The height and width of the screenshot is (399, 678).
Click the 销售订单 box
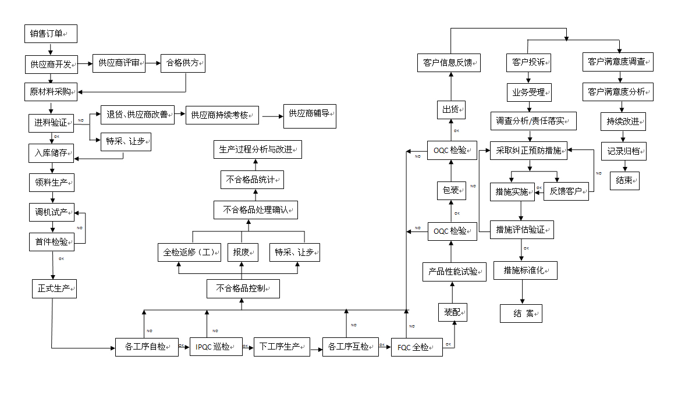[51, 34]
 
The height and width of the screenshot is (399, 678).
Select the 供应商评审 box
[119, 63]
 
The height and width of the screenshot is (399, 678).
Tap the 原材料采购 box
[51, 91]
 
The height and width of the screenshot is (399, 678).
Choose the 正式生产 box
[54, 288]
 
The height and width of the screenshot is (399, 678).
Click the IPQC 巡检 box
[216, 347]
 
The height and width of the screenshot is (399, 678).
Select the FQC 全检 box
[416, 347]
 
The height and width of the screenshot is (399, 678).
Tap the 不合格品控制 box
[243, 288]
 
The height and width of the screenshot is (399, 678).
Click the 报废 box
[243, 252]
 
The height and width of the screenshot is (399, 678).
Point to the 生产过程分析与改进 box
[257, 149]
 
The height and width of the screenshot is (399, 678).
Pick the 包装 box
[452, 190]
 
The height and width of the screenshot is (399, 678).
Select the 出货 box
[452, 109]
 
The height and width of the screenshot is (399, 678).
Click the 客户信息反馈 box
[449, 62]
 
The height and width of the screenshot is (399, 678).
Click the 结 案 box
[521, 313]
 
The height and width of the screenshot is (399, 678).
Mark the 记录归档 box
[624, 151]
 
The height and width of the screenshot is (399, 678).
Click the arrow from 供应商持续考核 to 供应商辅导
[271, 116]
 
